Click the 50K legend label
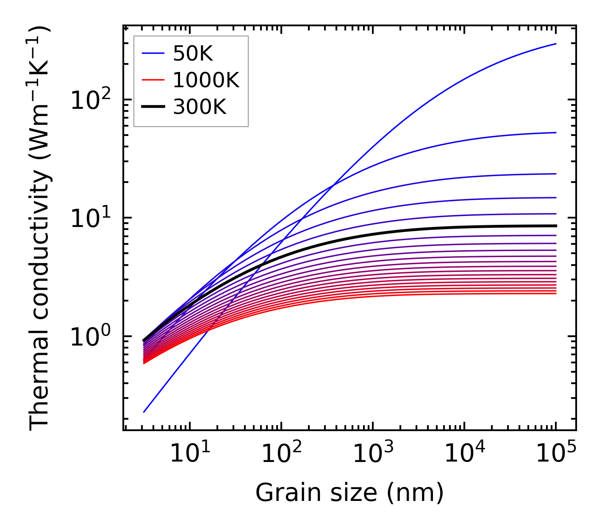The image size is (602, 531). pos(193,54)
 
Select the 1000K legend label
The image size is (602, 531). pos(206,80)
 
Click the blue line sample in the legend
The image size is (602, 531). pos(153,53)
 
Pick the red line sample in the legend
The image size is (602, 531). pos(153,80)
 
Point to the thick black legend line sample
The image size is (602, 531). pos(153,107)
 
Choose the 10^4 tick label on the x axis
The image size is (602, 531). pos(464,454)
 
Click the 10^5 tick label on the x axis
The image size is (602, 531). pos(556,454)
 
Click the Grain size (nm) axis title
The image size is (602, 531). pos(350,493)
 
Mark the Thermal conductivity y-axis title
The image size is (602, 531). pos(40,228)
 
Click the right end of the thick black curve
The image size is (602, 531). pos(555,226)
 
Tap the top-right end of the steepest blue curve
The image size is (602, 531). pos(555,44)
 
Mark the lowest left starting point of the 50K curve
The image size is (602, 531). pos(144,412)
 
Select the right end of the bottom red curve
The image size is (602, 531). pos(555,293)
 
